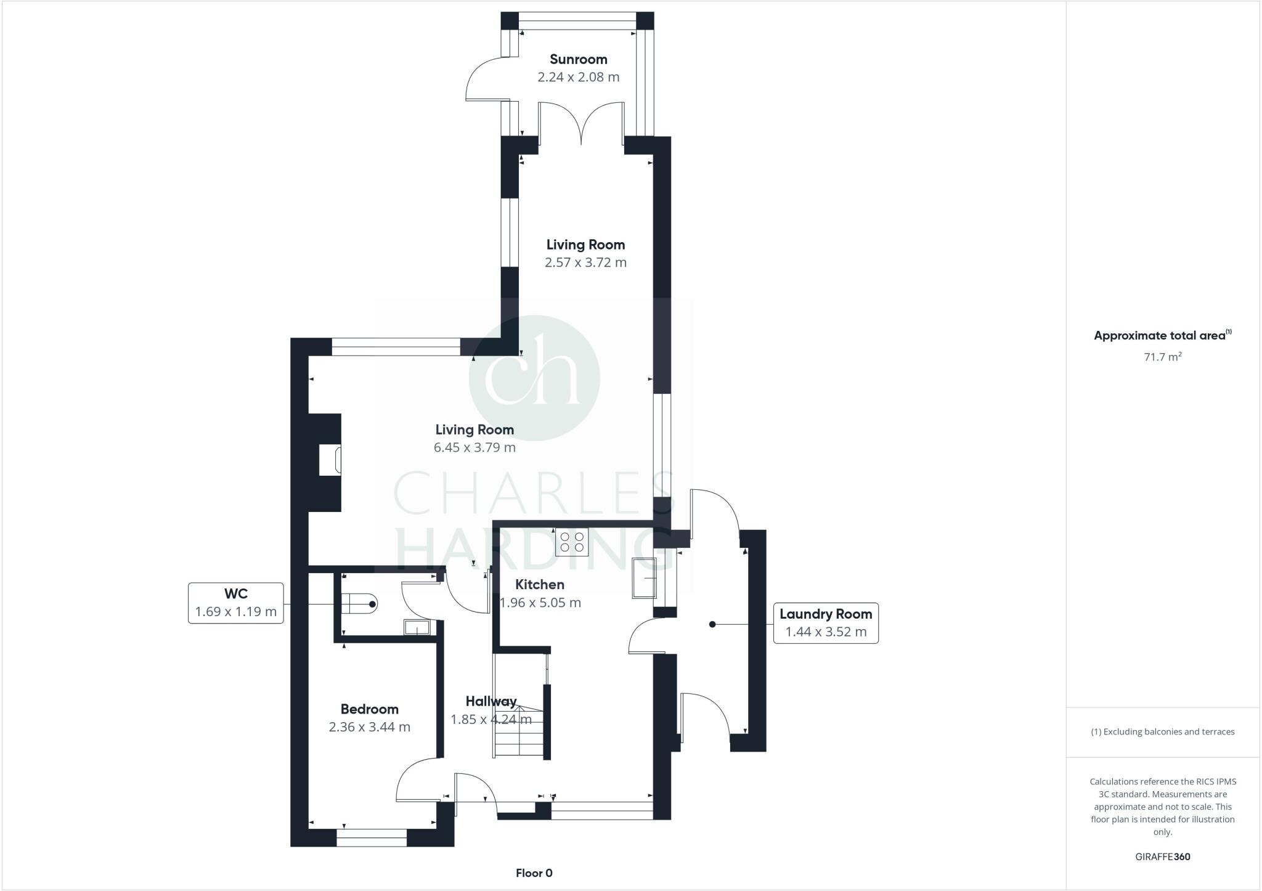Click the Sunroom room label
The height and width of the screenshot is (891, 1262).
click(x=578, y=59)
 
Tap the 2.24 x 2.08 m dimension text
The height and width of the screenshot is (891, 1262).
click(x=578, y=77)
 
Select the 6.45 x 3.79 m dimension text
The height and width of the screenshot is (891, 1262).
click(x=474, y=447)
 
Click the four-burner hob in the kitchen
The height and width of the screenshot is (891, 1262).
click(x=572, y=542)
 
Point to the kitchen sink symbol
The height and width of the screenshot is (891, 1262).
click(x=645, y=578)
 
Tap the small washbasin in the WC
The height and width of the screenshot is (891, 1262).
click(x=417, y=628)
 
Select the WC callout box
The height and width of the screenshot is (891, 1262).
click(x=235, y=603)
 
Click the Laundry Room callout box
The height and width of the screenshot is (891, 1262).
click(x=825, y=623)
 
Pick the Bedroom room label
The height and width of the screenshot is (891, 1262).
click(x=369, y=709)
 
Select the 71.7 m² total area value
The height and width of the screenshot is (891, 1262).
click(x=1162, y=357)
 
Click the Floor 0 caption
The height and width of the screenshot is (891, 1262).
click(x=534, y=873)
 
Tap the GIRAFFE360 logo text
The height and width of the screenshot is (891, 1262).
click(x=1162, y=856)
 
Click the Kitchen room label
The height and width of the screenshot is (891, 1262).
click(x=539, y=584)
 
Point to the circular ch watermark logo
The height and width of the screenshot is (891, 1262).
click(x=534, y=378)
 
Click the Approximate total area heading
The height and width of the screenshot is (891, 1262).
click(x=1162, y=335)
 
